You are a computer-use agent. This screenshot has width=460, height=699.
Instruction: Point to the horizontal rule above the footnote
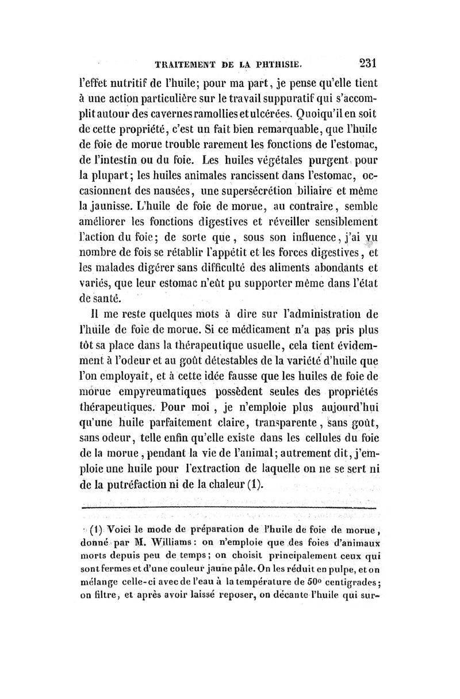pos(229,509)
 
